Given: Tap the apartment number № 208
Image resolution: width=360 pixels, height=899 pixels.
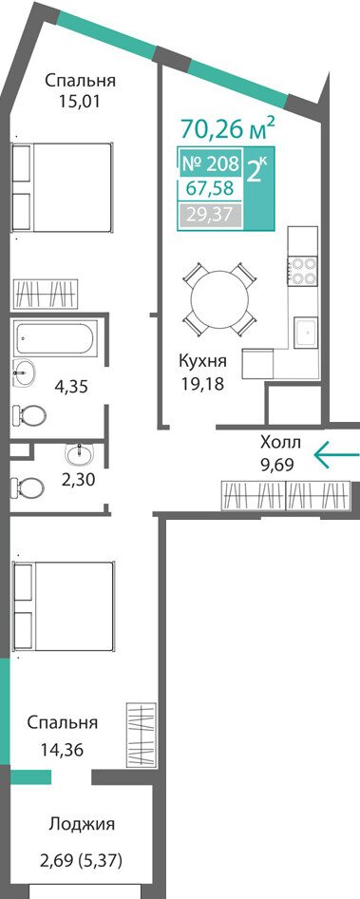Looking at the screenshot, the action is coord(210,164).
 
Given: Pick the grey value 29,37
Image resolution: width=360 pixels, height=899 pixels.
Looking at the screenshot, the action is coord(209,215).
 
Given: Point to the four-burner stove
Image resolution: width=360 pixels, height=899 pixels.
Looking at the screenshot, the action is coord(303,271).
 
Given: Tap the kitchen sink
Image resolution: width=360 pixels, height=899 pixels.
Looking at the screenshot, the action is coord(307,334).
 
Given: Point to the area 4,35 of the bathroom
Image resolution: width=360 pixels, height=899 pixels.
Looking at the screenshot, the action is coord(70,387).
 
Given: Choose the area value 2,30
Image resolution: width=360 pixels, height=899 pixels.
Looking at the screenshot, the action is coord(79,479).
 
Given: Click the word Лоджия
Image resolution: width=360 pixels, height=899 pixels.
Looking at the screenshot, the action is coord(82,825).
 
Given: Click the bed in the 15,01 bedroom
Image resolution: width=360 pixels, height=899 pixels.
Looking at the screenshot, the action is coord(62,187).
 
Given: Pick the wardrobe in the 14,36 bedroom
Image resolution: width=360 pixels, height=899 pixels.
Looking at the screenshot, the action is coord(141,734).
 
